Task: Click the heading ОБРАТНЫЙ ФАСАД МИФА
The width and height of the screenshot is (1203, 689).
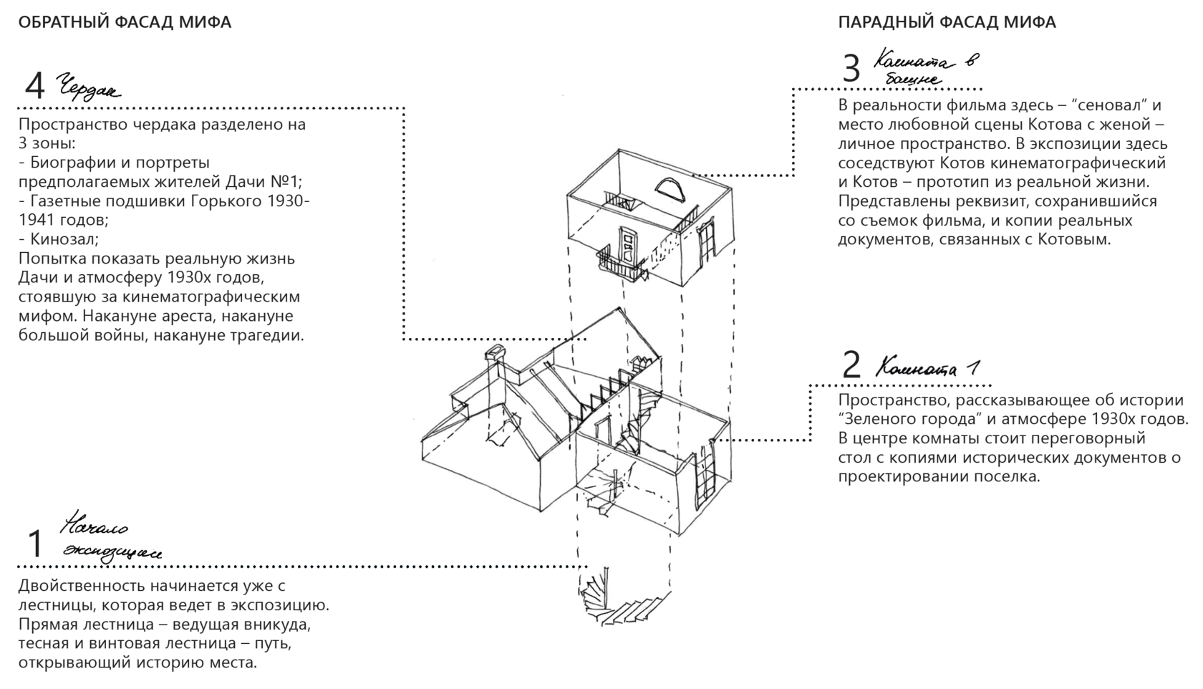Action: [125, 22]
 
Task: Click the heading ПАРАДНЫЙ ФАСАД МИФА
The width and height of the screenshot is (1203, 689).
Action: [947, 22]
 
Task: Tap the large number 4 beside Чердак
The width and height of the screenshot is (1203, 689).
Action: [34, 87]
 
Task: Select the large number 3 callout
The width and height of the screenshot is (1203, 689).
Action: [851, 69]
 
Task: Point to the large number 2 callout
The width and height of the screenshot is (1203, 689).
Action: [851, 365]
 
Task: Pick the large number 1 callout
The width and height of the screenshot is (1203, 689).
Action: [34, 544]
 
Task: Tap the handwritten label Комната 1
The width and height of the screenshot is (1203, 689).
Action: [928, 368]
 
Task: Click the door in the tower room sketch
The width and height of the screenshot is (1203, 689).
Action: [627, 246]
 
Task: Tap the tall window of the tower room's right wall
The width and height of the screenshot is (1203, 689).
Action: [707, 241]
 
